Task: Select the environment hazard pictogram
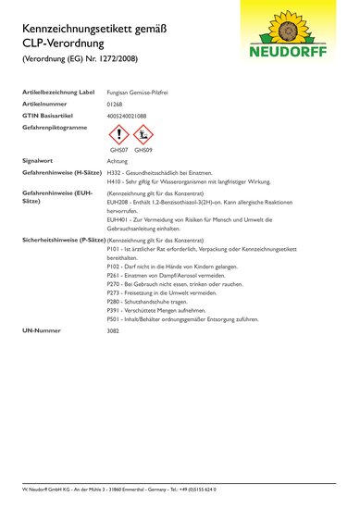point(143,135)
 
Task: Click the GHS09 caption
point(143,149)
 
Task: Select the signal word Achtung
point(118,160)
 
